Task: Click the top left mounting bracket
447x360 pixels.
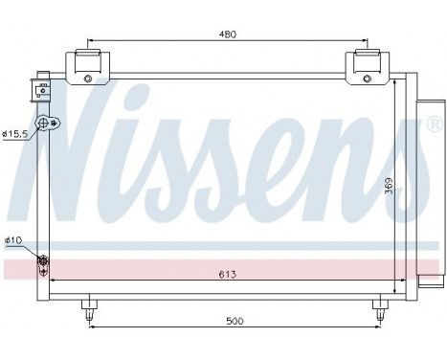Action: [x=87, y=68]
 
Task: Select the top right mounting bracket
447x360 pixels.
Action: [x=368, y=68]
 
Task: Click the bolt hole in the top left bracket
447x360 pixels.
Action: [x=88, y=78]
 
